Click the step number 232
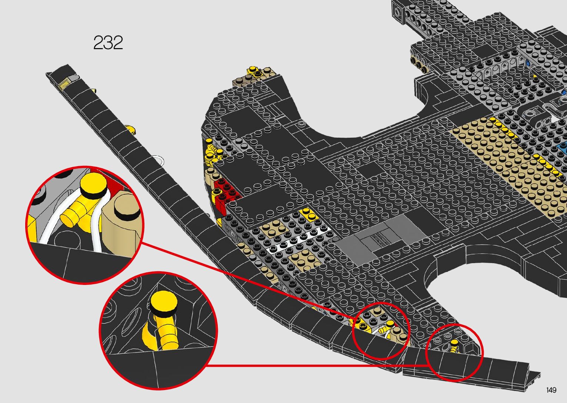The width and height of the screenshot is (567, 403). [x=108, y=43]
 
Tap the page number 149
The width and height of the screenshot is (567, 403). [x=551, y=390]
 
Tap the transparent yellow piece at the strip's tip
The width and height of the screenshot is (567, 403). [x=64, y=83]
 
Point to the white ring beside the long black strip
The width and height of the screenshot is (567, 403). [x=160, y=159]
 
